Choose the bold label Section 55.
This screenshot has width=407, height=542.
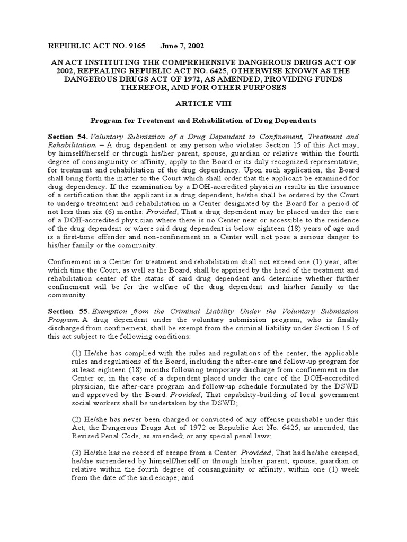click(x=66, y=311)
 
